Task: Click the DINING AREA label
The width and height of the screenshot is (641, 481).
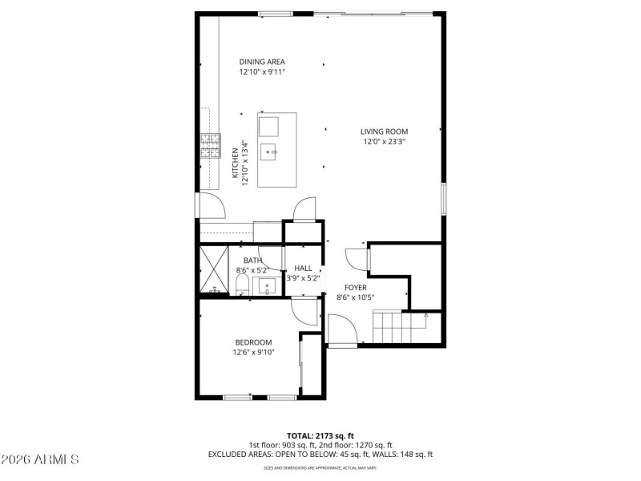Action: [x=262, y=62]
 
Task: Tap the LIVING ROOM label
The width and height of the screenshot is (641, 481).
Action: [x=384, y=131]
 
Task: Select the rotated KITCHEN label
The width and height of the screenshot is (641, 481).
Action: [x=235, y=166]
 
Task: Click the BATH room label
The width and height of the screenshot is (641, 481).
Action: [x=252, y=261]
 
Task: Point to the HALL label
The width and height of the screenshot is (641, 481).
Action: [x=303, y=269]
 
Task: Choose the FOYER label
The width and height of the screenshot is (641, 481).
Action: [x=356, y=287]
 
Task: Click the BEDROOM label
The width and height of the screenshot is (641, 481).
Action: [x=254, y=342]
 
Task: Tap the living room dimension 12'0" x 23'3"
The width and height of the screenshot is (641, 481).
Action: [x=384, y=142]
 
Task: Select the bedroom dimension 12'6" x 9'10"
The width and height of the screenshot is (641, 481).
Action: [x=254, y=352]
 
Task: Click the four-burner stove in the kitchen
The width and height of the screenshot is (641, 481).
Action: [x=210, y=146]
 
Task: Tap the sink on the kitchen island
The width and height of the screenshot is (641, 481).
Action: [x=272, y=149]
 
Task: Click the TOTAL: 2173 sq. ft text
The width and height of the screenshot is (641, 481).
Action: [x=320, y=434]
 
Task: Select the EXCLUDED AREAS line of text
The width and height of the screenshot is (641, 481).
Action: [x=320, y=454]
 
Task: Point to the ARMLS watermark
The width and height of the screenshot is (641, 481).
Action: [x=40, y=459]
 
